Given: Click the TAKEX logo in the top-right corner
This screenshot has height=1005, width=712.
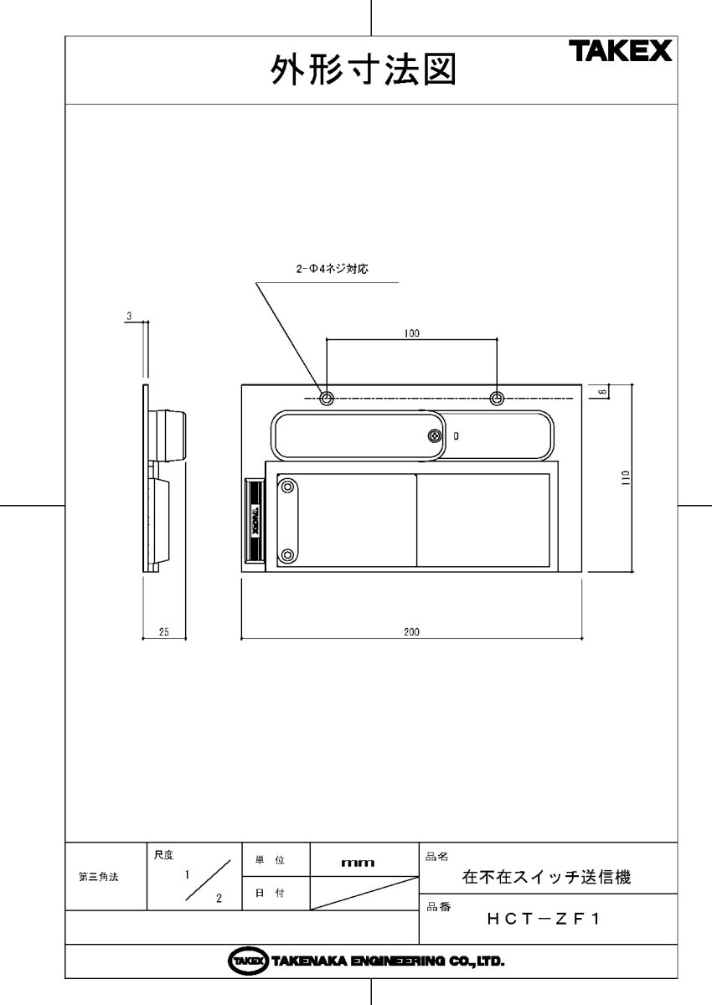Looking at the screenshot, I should tap(621, 52).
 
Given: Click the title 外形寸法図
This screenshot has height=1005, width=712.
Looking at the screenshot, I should tap(363, 72).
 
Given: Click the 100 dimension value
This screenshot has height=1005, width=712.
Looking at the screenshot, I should tap(411, 333).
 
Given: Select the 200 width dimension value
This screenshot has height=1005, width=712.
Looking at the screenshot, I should tap(411, 632).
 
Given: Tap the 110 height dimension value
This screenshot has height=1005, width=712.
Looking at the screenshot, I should tap(626, 478).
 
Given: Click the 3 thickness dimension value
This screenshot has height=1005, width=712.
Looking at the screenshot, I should tap(129, 316).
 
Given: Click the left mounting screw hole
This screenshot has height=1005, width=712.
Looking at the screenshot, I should tap(327, 397).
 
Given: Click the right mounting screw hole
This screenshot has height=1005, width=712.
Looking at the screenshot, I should tap(498, 397).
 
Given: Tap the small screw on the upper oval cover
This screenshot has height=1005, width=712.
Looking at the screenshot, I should tap(434, 435).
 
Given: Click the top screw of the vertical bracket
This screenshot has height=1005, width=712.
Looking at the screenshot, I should tap(288, 485).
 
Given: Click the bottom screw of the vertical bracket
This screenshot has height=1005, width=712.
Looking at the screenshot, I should tap(288, 554).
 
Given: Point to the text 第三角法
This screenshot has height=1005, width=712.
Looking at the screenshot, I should tap(98, 877).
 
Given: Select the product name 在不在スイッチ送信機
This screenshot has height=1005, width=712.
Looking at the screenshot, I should tap(546, 878).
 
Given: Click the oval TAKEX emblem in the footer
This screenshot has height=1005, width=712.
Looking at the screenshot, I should tap(247, 961).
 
